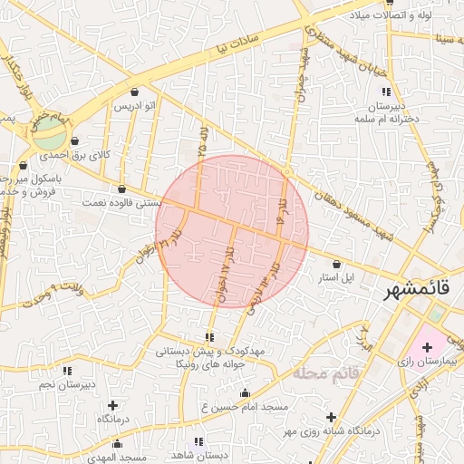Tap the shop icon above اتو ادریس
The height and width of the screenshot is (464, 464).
[135, 92]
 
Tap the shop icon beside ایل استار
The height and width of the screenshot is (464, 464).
[337, 264]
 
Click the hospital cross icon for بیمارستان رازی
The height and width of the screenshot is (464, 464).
[427, 348]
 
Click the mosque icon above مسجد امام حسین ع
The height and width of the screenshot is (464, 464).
[245, 392]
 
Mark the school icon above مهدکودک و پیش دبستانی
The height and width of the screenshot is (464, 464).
[209, 337]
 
